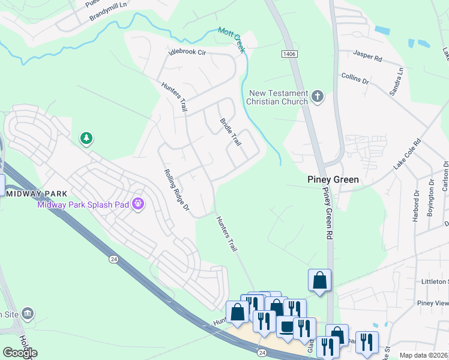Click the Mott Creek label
(232, 40)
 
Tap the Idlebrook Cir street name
(187, 53)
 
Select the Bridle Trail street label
(230, 132)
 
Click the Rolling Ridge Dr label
(177, 191)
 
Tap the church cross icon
(318, 95)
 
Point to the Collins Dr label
(355, 77)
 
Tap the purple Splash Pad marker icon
(139, 205)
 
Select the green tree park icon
(86, 139)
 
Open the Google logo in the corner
(19, 352)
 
